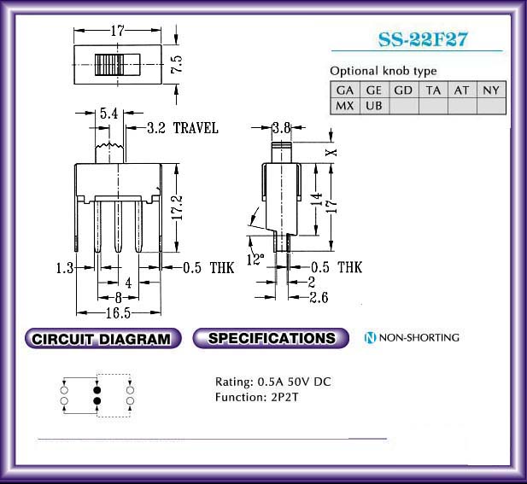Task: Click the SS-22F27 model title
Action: (x=423, y=39)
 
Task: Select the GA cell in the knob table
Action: (x=345, y=90)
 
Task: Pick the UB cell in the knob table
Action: (x=374, y=106)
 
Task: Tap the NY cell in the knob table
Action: (x=491, y=90)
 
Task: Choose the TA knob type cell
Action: (x=433, y=90)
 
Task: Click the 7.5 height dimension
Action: (x=177, y=64)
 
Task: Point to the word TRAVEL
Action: (x=196, y=128)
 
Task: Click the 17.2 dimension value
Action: (x=177, y=207)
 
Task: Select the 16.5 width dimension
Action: (x=118, y=313)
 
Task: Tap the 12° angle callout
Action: (x=255, y=259)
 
